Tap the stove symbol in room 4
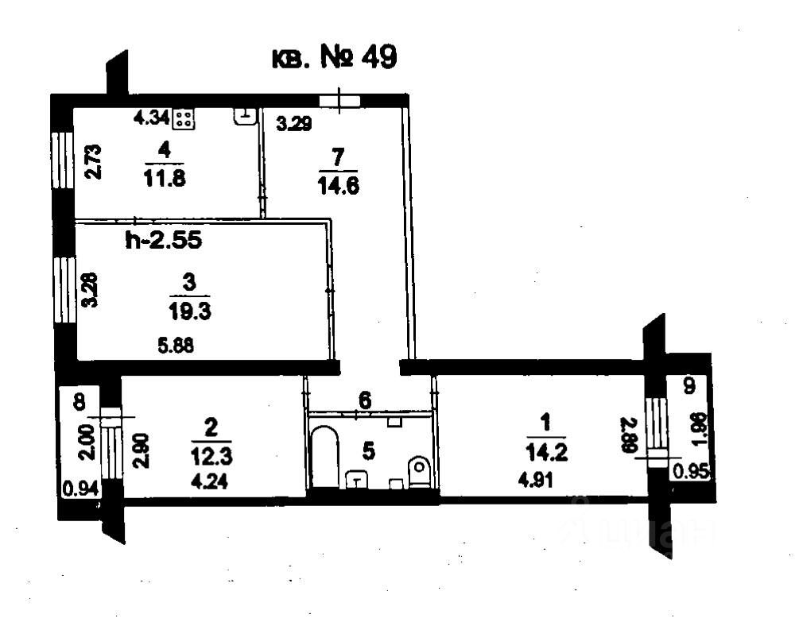coord(184,119)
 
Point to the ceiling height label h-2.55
coord(163,240)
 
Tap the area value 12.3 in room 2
coord(211,458)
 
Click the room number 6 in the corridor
coord(364,401)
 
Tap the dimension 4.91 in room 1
coord(533,478)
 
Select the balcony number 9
coord(688,387)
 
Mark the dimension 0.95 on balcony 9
coord(688,471)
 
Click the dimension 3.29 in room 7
coord(293,123)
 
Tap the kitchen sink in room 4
coord(246,116)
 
